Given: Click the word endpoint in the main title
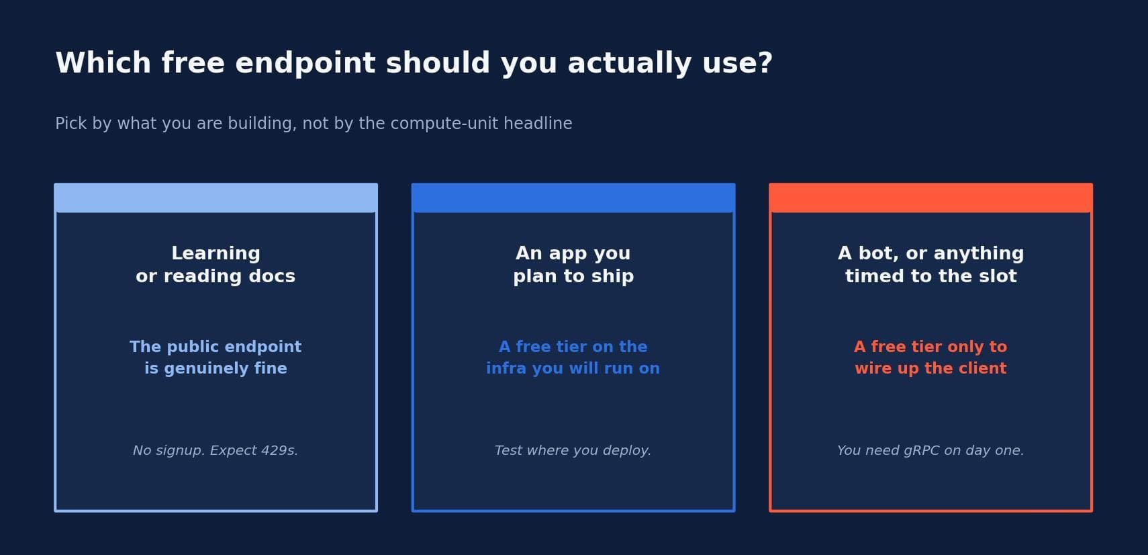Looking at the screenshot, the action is pos(305,63).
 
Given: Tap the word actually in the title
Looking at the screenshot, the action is pos(629,63).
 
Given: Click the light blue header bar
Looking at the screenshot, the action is pos(216,198).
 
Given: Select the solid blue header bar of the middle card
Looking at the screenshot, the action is pos(573,198).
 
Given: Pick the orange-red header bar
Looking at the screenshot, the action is pos(930,198).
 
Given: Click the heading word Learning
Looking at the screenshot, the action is pos(216,253).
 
